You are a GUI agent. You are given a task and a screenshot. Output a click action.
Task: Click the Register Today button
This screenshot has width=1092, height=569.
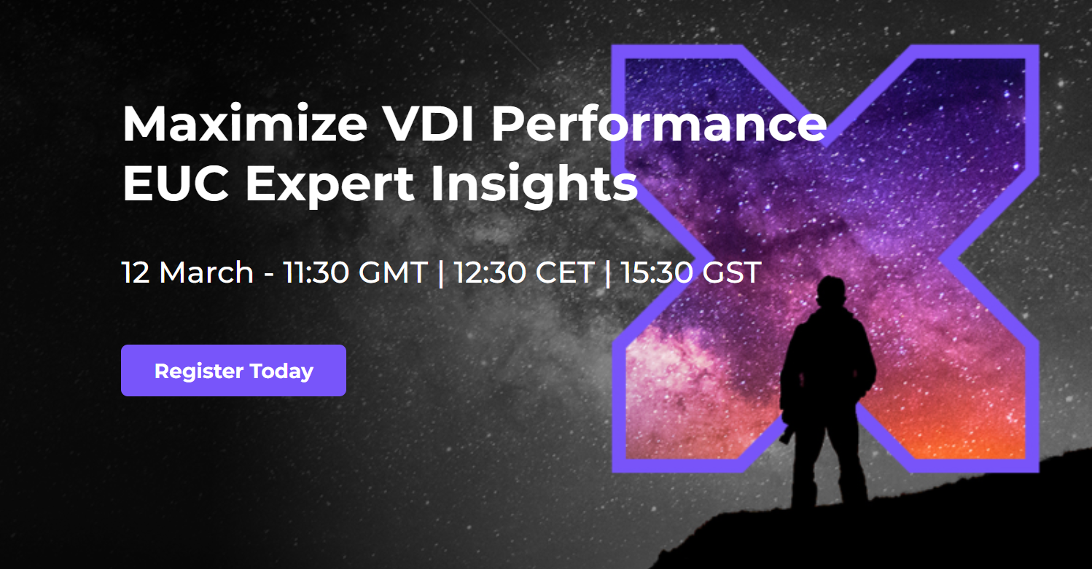coord(233,370)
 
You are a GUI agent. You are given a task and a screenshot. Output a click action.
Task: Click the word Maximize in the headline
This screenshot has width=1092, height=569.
coord(245,124)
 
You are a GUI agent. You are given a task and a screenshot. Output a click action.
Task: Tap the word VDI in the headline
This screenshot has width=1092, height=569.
coord(428,124)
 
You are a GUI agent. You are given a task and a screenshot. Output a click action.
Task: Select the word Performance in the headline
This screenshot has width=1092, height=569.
coord(658,124)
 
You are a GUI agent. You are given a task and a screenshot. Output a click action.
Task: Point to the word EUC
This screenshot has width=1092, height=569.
coord(176,184)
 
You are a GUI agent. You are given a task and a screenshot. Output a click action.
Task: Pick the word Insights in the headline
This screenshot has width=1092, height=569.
coord(534,186)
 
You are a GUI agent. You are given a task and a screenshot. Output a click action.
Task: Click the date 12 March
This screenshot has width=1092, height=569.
coord(187,272)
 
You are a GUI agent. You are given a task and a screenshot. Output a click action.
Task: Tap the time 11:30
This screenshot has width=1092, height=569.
coord(316,272)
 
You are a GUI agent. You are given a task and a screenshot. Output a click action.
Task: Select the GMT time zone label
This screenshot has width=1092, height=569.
coord(393,272)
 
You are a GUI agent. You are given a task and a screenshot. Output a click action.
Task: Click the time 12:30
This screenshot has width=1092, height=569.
coord(490,272)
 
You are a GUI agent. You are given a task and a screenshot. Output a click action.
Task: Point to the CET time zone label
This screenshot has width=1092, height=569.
coord(565,272)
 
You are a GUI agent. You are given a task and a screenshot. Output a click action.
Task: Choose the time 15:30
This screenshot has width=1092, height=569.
coord(656,272)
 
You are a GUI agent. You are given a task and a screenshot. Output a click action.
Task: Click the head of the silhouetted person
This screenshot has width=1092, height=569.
coord(831,291)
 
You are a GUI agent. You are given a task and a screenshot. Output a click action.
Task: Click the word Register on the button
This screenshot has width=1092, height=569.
coord(199,372)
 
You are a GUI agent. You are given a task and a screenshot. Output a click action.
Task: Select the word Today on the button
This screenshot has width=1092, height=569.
coord(281,372)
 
